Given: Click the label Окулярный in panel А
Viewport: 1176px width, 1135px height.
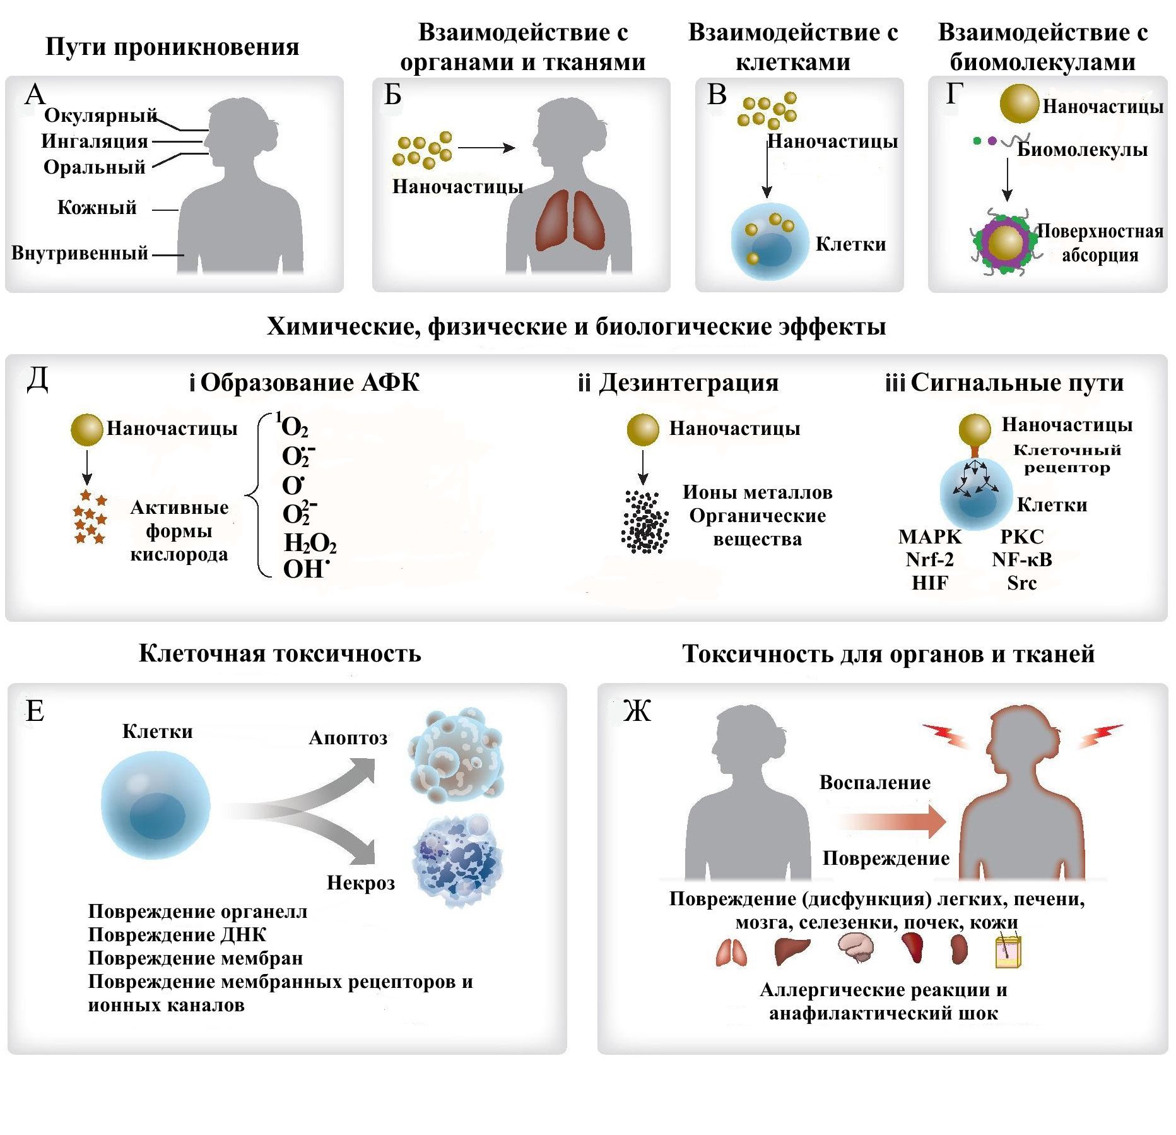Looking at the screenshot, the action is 100,116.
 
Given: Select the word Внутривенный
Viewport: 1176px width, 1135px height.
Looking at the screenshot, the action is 79,253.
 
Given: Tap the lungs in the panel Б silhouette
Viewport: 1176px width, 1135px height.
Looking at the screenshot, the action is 570,222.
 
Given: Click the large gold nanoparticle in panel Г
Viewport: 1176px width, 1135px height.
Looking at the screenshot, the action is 1019,104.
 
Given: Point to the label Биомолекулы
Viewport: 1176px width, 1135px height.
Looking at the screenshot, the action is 1082,150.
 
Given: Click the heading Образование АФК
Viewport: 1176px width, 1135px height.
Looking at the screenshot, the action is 310,383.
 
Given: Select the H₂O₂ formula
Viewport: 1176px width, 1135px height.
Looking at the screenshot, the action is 310,544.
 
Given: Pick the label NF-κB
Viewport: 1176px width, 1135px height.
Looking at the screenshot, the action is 1022,560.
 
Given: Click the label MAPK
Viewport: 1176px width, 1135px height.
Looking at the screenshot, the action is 930,537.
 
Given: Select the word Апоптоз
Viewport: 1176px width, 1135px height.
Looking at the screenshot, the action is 348,738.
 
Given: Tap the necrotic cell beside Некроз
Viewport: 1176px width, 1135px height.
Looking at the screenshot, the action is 459,861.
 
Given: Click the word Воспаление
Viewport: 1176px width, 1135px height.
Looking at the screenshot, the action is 875,783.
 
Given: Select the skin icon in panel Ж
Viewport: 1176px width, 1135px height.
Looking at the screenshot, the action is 1009,951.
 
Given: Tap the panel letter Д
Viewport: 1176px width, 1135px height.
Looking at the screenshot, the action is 37,380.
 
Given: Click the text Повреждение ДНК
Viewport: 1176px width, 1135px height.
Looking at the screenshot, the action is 177,935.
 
